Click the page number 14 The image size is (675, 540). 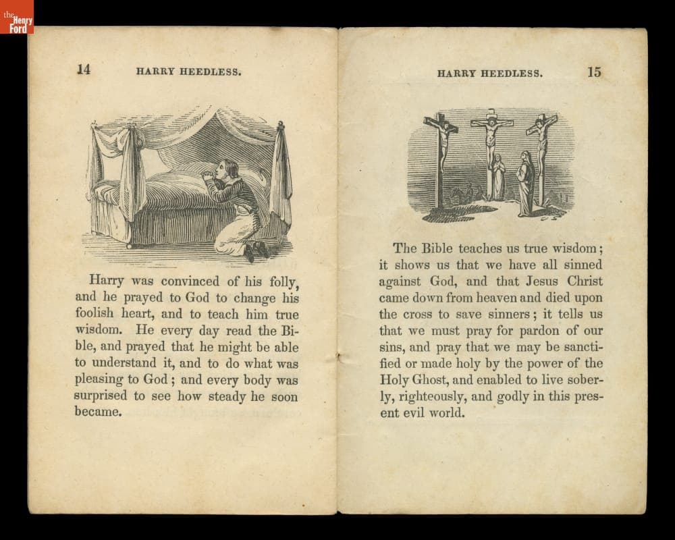pos(84,70)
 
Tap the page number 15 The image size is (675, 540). pos(594,72)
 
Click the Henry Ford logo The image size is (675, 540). pos(17,17)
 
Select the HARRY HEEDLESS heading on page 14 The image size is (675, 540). pos(189,72)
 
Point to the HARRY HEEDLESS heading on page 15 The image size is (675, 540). pos(489,74)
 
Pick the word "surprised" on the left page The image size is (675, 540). pos(101,396)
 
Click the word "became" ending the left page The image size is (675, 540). pos(98,412)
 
